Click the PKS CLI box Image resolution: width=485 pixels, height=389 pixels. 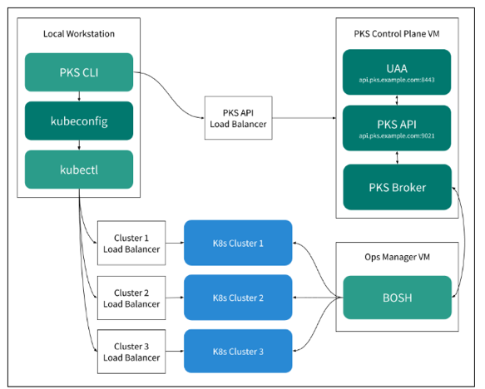click(79, 72)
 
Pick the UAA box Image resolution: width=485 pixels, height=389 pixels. click(396, 71)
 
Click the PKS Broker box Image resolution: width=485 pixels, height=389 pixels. click(396, 187)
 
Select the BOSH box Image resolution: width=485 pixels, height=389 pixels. click(396, 297)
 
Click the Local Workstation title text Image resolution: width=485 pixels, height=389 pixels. click(78, 33)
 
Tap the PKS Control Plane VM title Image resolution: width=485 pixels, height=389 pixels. click(396, 33)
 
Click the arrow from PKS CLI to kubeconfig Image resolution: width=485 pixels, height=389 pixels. click(79, 96)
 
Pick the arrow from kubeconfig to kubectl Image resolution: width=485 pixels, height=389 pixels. click(79, 145)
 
